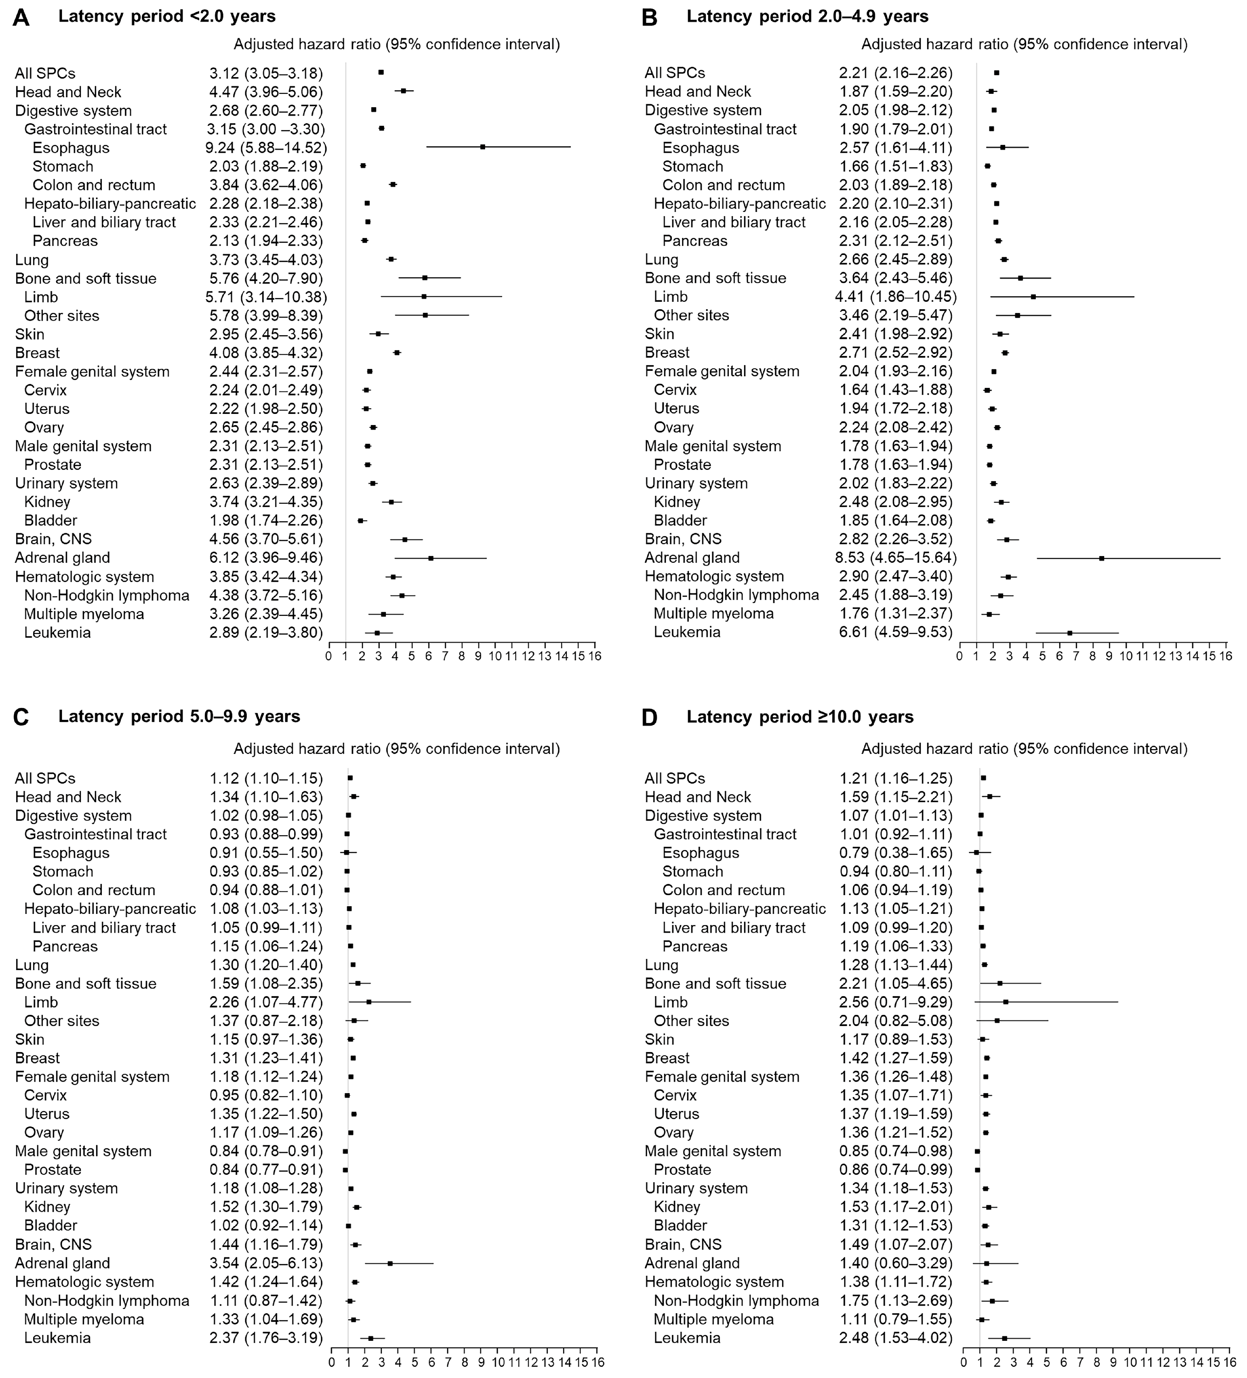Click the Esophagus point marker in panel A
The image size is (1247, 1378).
482,147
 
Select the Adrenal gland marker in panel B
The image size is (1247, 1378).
1101,558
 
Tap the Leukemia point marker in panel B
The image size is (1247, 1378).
1069,632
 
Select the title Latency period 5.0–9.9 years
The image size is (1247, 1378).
179,716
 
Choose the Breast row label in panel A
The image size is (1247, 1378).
37,353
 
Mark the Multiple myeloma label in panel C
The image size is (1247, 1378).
84,1319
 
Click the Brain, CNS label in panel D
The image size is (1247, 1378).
683,1244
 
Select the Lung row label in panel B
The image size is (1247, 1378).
661,259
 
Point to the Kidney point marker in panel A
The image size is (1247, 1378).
391,502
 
